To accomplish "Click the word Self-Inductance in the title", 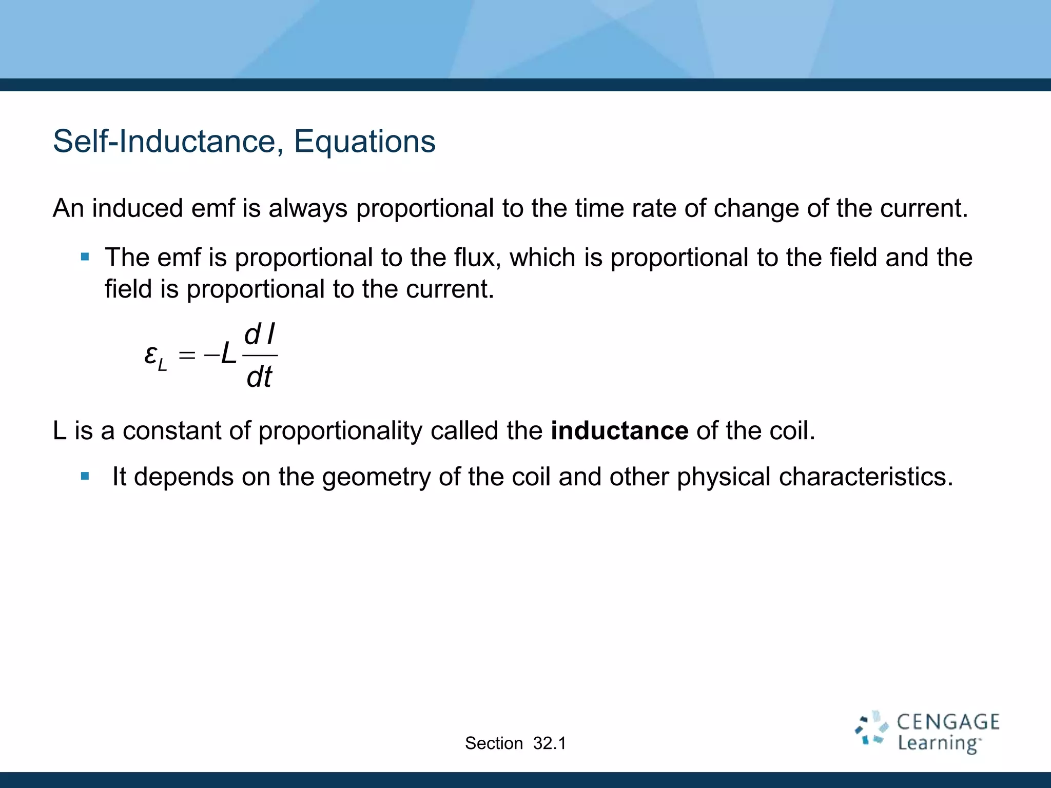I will (167, 141).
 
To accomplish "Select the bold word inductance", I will (619, 430).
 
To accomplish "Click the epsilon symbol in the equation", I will (150, 354).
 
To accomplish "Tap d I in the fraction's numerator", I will (260, 336).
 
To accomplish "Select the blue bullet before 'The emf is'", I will (85, 257).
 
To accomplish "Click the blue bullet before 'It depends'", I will (85, 477).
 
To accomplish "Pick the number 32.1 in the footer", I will (549, 743).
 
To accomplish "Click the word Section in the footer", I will (494, 743).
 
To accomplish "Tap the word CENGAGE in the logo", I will (948, 722).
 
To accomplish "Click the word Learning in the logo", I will (938, 743).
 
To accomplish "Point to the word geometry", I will (376, 477).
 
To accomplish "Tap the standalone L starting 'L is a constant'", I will (60, 430).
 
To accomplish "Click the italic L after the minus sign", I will (228, 354).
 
